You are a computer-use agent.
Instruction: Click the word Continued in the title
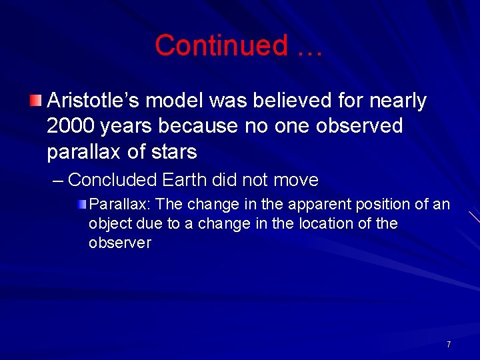pos(221,45)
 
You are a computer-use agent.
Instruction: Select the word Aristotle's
pos(93,101)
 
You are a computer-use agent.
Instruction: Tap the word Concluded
pos(111,180)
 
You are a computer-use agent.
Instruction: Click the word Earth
pos(183,180)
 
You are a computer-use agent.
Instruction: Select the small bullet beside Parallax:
pos(82,203)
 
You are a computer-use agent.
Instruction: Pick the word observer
pos(120,243)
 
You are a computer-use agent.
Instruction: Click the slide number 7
pos(448,345)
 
